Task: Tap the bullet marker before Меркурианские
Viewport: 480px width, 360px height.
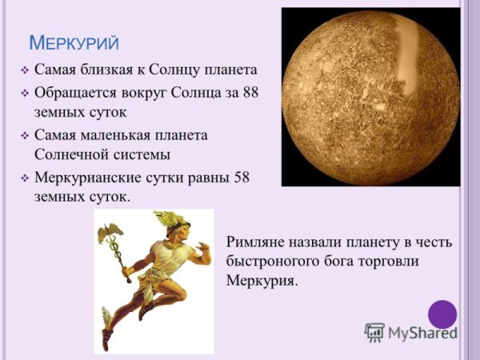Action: coord(24,177)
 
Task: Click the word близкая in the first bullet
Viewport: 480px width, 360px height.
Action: coord(108,71)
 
